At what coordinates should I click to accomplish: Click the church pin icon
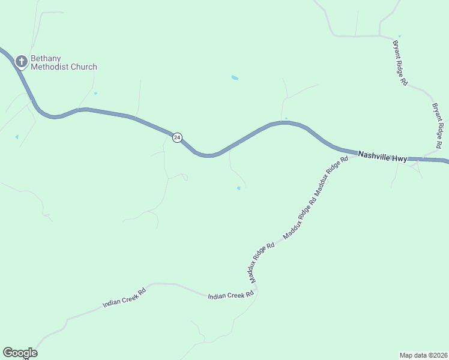(x=22, y=61)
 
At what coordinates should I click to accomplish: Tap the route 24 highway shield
(x=177, y=137)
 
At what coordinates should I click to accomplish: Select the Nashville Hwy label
(x=382, y=157)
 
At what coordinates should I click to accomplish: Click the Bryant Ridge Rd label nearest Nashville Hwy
(x=438, y=125)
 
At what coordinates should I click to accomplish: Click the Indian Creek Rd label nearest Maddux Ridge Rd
(x=231, y=296)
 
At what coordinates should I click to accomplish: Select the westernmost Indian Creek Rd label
(x=124, y=298)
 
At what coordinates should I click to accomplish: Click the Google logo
(x=20, y=353)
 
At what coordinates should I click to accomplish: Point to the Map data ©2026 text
(x=423, y=355)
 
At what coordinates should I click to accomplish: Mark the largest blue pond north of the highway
(x=235, y=78)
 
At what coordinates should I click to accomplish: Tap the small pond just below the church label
(x=95, y=93)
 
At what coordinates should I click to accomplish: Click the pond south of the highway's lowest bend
(x=238, y=188)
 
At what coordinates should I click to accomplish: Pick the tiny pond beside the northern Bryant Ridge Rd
(x=399, y=37)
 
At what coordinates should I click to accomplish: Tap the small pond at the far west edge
(x=17, y=137)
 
